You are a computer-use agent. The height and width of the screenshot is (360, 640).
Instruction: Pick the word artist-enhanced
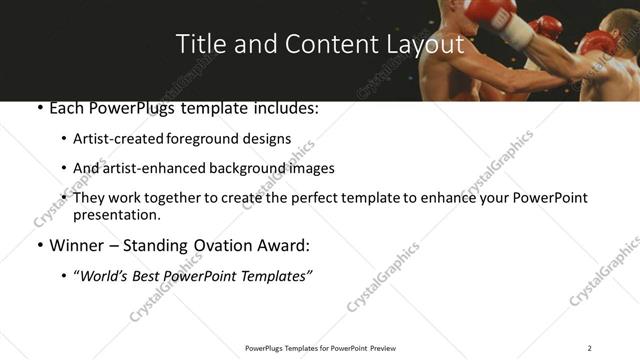pos(147,168)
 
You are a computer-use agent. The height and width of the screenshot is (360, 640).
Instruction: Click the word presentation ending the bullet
pos(116,214)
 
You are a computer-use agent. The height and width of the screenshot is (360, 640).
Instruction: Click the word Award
pos(282,245)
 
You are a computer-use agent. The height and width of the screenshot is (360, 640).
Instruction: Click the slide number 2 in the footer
pos(589,348)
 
